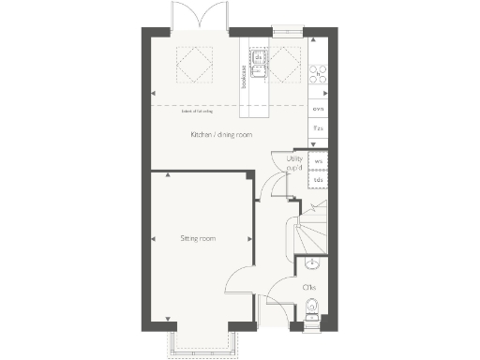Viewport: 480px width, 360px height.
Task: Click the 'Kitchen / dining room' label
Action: click(221, 136)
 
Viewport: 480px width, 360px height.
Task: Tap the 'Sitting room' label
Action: click(198, 239)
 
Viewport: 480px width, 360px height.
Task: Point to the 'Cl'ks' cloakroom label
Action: click(308, 286)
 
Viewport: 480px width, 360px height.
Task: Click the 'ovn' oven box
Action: click(319, 109)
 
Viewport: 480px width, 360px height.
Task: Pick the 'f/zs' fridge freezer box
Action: click(319, 129)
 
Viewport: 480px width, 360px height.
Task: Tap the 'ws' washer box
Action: click(319, 161)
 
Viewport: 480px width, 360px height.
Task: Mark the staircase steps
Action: click(311, 230)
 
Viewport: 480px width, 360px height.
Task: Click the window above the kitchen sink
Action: click(282, 29)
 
